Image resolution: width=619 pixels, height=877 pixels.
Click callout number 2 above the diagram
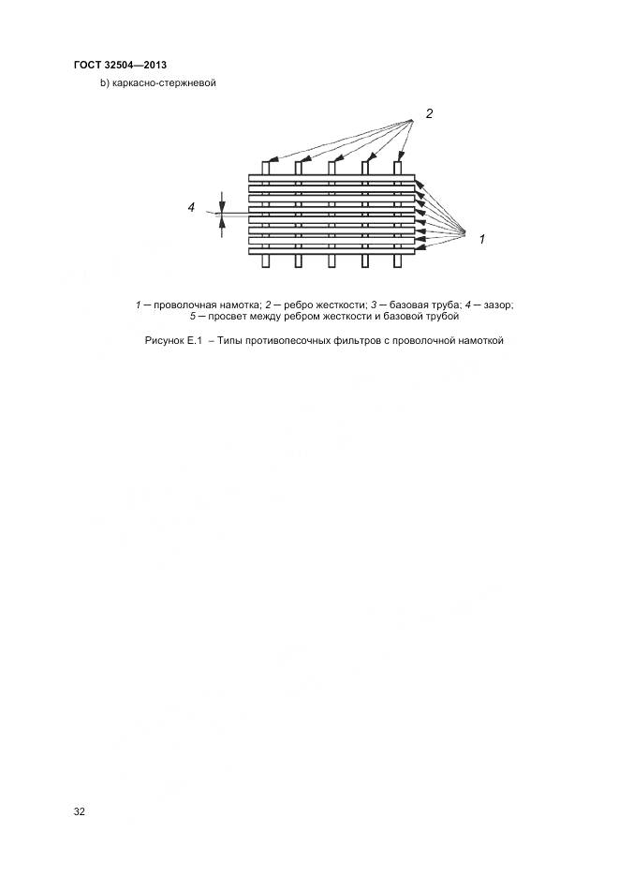tap(429, 114)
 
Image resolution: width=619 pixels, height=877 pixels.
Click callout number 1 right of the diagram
tap(481, 240)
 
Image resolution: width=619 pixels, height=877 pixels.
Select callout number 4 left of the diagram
tap(191, 208)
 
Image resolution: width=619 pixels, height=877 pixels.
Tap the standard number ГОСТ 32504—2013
tap(119, 65)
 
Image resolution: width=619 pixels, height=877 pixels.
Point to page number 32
tap(79, 811)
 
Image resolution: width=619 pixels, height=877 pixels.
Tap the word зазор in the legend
tap(497, 305)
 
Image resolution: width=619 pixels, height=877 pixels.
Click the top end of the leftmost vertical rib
tap(266, 166)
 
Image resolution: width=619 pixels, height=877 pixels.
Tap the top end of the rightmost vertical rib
tap(397, 166)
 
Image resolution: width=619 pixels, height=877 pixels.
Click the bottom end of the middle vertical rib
tap(332, 263)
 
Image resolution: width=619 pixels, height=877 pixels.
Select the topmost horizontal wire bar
tap(332, 178)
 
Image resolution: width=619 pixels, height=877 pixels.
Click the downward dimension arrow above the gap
tap(222, 205)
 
